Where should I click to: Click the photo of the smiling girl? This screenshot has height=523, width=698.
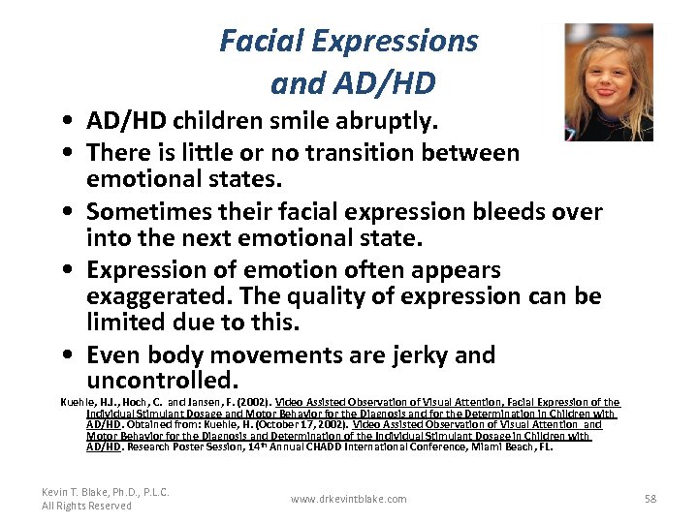pyautogui.click(x=609, y=82)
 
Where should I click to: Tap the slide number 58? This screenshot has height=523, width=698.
pyautogui.click(x=650, y=499)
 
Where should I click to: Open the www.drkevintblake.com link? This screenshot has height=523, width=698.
pyautogui.click(x=349, y=499)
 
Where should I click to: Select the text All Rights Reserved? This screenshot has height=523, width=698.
pyautogui.click(x=86, y=506)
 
